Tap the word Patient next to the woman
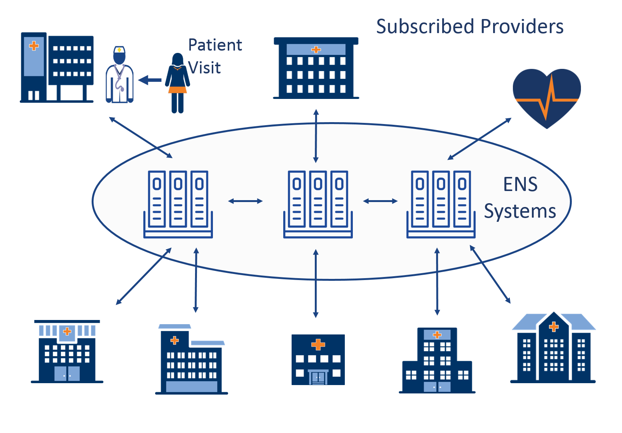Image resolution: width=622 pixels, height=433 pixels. pos(215,45)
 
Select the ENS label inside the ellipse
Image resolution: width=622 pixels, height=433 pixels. pos(520,185)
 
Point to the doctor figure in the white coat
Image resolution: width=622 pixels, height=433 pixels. pos(119,76)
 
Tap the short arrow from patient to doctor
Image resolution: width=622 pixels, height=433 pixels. pos(150,80)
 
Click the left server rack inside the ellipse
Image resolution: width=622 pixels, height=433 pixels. pos(178,204)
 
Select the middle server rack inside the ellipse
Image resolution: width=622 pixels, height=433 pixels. pos(318,204)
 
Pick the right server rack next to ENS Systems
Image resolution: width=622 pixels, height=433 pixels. pos(441,204)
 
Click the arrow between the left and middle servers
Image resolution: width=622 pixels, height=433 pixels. pos(245,201)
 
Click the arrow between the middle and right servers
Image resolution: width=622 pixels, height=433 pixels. pos(380,201)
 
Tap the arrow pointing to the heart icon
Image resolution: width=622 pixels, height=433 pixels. pos(479,139)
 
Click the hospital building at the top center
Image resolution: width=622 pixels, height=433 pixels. pos(316,68)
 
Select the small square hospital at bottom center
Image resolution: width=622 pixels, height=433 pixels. pos(318,360)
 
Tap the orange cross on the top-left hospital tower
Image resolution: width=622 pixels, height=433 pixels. pos(34,46)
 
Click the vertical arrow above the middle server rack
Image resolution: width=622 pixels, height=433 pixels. pos(316,136)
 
